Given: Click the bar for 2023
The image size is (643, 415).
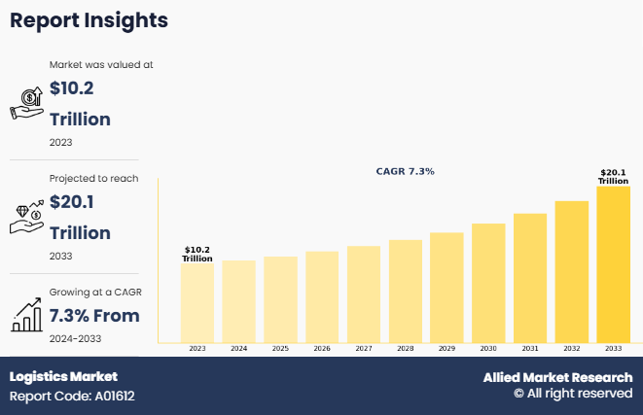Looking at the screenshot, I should pos(196,302).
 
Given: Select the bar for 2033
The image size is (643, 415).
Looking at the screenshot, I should pos(614,263).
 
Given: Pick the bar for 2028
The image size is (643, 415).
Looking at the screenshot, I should pos(405,291).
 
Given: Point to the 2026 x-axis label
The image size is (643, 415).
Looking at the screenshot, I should pos(322,348).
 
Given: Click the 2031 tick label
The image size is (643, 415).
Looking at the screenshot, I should pos(530,348).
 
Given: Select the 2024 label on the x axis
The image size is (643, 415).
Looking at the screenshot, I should pos(238,348).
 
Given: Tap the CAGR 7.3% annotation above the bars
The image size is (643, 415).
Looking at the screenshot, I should pos(405,171).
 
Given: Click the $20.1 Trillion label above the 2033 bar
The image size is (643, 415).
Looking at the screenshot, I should pos(613,177).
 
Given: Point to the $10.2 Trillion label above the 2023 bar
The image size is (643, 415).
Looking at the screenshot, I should pos(197,254).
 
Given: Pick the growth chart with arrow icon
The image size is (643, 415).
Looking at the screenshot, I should pos(25,314).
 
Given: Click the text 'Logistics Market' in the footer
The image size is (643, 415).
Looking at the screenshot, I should pos(63,376).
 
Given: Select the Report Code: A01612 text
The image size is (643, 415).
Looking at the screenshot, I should pos(72,397).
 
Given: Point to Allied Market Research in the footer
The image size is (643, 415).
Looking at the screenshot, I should pos(557,377).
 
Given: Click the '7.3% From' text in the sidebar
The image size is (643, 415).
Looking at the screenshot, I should pos(94,315).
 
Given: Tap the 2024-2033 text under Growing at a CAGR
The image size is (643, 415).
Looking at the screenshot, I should pos(76,338).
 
